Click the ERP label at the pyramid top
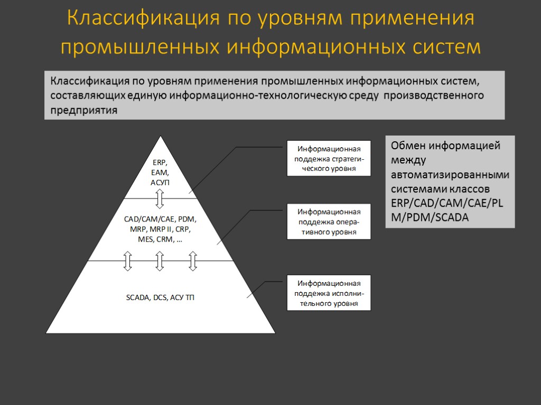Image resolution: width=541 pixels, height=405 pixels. (160, 162)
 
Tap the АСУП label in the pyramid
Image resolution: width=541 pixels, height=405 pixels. (160, 182)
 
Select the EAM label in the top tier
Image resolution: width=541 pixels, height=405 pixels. (160, 172)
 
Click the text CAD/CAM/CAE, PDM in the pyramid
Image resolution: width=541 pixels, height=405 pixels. (160, 219)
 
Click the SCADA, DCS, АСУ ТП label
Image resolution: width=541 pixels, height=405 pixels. (160, 298)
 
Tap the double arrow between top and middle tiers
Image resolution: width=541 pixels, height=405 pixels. (160, 198)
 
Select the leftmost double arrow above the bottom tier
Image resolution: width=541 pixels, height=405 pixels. (127, 261)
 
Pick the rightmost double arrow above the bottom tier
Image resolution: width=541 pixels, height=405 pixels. (193, 261)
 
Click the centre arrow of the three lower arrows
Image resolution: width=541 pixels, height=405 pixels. (160, 261)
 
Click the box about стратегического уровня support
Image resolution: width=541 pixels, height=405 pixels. (329, 158)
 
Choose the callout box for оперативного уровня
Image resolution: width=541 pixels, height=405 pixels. (329, 221)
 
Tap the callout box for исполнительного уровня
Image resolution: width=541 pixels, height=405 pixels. (329, 293)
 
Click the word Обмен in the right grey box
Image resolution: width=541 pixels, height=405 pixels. (408, 146)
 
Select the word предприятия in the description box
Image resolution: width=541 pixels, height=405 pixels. (84, 110)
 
